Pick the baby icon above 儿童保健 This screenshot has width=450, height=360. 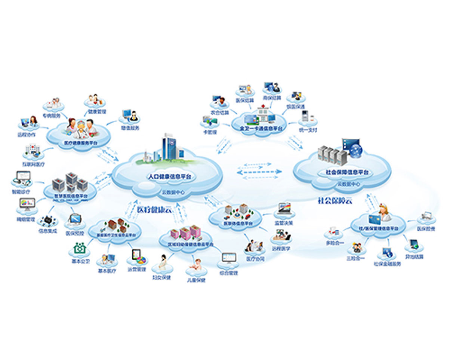coord(194,264)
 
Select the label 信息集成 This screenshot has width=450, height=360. coord(47,231)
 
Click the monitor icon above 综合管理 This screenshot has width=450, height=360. coord(229,258)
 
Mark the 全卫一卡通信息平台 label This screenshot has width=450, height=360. coord(262,128)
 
